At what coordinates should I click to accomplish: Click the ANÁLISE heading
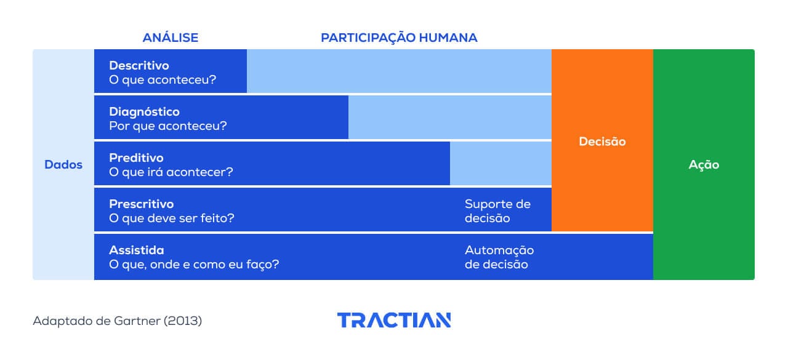click(x=171, y=38)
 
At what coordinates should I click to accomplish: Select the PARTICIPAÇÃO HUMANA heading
click(x=399, y=38)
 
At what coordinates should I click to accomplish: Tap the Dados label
click(x=63, y=165)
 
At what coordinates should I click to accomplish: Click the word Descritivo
click(x=139, y=65)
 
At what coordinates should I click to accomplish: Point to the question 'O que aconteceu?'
click(x=163, y=80)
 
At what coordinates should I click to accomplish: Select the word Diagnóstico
click(x=144, y=111)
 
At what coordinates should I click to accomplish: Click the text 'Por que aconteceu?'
click(x=168, y=126)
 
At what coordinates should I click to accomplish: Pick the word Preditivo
click(x=136, y=158)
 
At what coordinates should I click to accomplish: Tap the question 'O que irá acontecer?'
click(x=171, y=172)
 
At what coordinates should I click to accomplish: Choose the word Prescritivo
click(x=141, y=204)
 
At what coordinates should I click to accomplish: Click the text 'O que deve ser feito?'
click(x=172, y=218)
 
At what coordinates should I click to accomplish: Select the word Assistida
click(x=136, y=250)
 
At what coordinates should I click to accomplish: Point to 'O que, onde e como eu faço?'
click(x=194, y=265)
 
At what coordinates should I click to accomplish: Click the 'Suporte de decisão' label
click(x=497, y=211)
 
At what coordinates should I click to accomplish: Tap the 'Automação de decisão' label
click(x=499, y=257)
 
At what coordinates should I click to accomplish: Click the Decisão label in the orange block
click(x=602, y=142)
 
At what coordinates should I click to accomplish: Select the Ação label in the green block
click(x=704, y=165)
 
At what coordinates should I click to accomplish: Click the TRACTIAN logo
click(x=394, y=320)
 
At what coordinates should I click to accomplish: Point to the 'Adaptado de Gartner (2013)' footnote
click(x=117, y=321)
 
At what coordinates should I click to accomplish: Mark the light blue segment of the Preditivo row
click(x=501, y=163)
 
